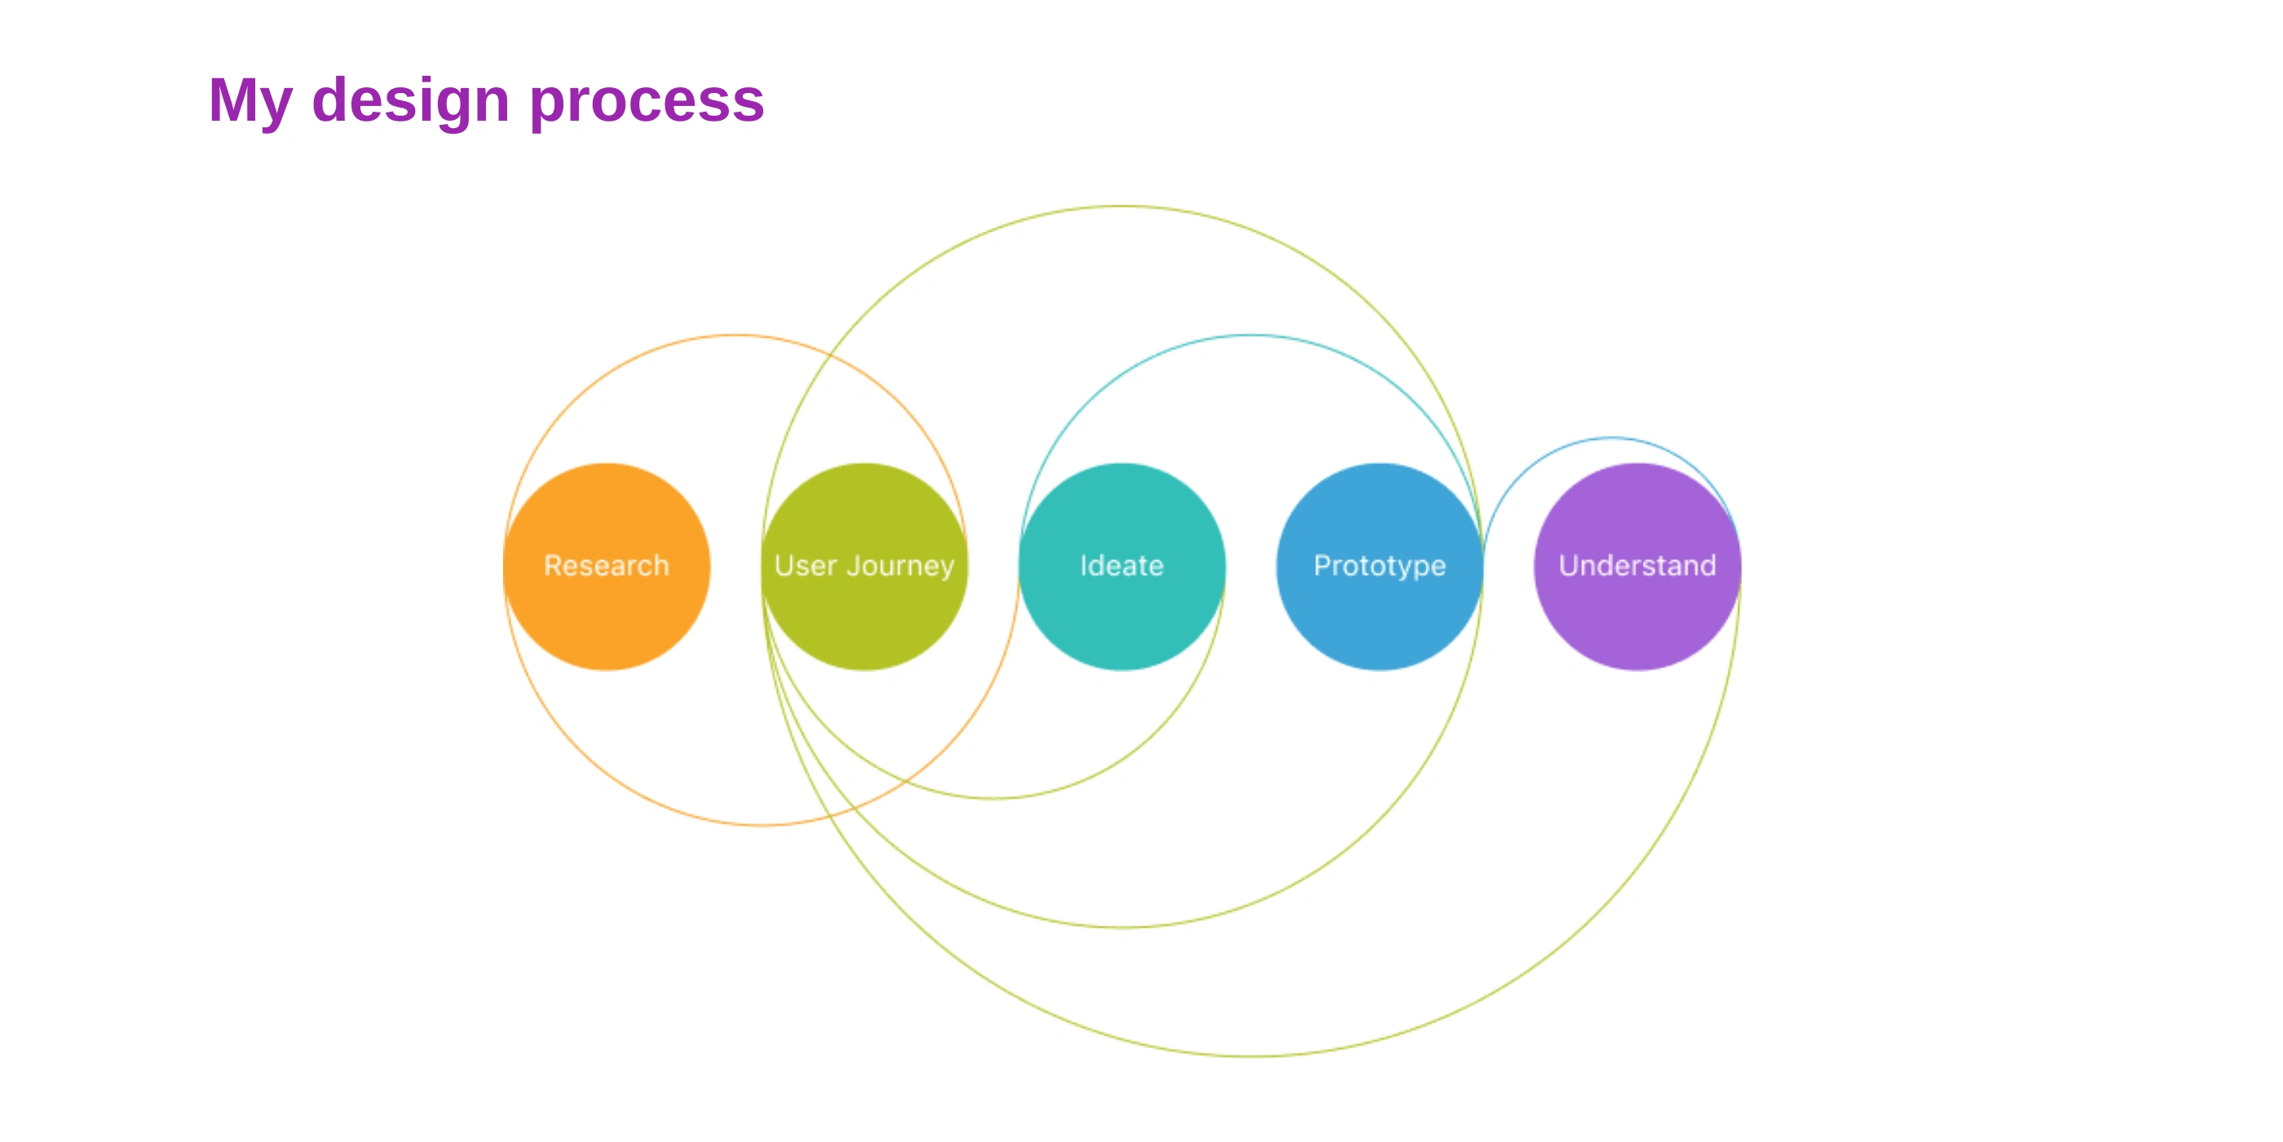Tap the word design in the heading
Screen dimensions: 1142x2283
coord(410,101)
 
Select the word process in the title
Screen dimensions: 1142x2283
coord(647,101)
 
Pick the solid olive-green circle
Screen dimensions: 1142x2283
coord(864,621)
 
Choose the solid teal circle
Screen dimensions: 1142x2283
coord(1121,621)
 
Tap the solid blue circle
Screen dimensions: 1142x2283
coord(1379,621)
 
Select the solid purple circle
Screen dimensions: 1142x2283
coord(1637,621)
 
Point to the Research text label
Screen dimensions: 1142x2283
coord(606,565)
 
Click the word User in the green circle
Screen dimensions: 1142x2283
coord(805,565)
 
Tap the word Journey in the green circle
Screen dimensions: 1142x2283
coord(900,565)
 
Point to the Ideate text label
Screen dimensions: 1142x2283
coord(1121,565)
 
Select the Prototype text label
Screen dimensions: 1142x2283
coord(1379,565)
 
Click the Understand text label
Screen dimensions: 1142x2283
coord(1637,565)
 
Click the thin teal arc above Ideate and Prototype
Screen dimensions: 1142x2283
coord(1252,335)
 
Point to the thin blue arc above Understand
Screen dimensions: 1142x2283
coord(1611,438)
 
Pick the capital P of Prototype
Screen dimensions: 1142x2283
coord(1323,565)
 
